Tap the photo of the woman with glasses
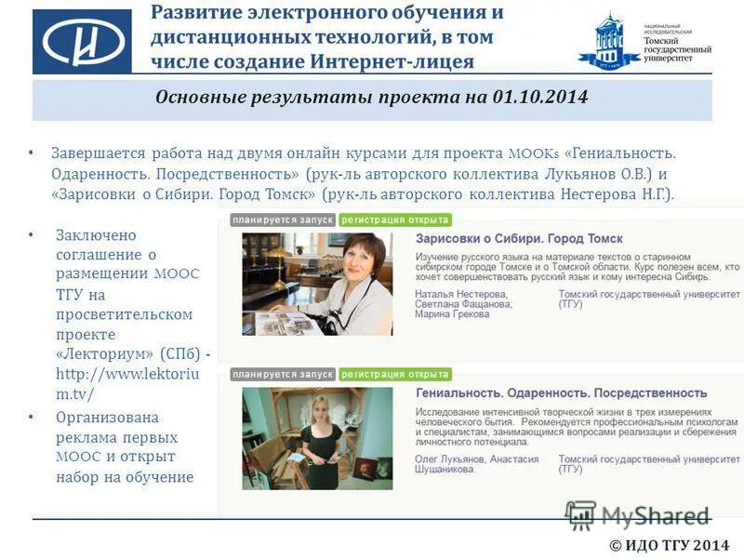[317, 283]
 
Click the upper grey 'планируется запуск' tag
[283, 220]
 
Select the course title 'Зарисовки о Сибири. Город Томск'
[519, 239]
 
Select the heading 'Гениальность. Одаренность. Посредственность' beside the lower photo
[561, 393]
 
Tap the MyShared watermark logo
[637, 515]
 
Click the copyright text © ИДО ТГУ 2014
[670, 545]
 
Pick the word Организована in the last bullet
[107, 418]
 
